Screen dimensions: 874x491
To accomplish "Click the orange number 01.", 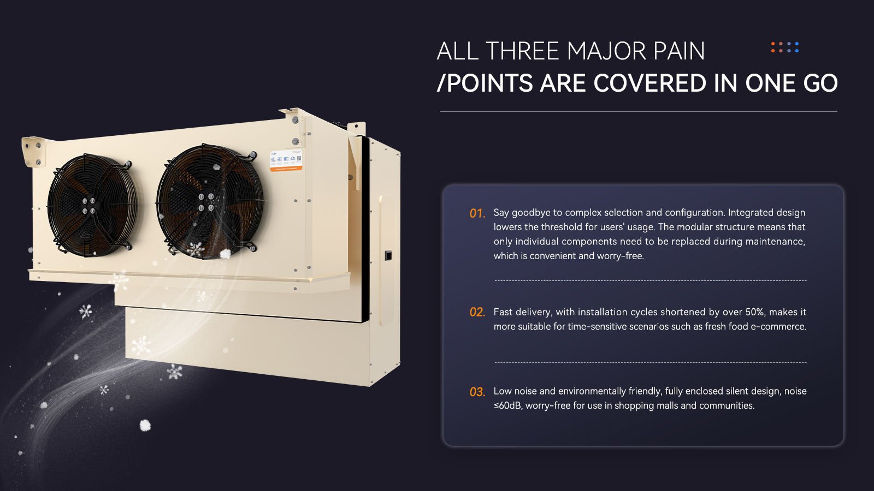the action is [x=477, y=213].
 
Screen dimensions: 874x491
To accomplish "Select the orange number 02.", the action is [x=477, y=312].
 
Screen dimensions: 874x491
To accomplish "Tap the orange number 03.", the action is [x=477, y=392].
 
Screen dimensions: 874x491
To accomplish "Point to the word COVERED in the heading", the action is [x=649, y=83].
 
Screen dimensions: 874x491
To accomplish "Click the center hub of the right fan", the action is [x=205, y=202].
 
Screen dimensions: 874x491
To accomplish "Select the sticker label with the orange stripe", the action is [x=286, y=160].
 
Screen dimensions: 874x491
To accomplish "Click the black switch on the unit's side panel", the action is [x=388, y=255].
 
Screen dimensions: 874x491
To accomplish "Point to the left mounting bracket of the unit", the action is [x=33, y=151].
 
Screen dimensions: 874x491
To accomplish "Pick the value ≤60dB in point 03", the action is [x=507, y=406].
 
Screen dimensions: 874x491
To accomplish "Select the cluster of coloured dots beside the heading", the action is [x=784, y=47].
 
